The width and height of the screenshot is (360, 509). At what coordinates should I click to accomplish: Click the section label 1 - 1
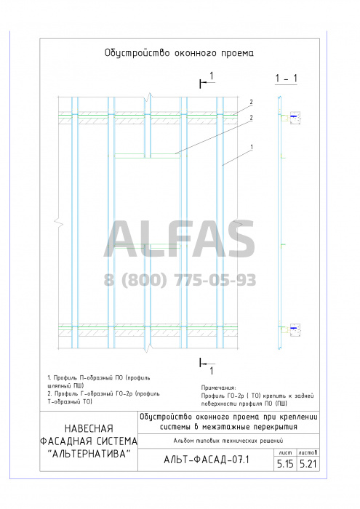[286, 79]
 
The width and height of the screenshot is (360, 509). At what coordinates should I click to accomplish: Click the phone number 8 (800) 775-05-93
[180, 280]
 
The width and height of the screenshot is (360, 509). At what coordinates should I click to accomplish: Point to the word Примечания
[218, 388]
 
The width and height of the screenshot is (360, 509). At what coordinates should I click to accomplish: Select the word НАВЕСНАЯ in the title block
[89, 428]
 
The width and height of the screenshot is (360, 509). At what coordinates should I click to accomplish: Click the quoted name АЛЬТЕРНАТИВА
[89, 454]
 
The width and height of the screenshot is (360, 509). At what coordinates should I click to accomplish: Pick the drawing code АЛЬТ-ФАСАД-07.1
[207, 460]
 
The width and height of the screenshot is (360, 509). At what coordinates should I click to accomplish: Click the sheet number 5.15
[285, 464]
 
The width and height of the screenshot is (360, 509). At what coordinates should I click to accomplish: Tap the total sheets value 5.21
[308, 464]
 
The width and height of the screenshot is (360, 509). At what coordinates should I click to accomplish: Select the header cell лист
[285, 452]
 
